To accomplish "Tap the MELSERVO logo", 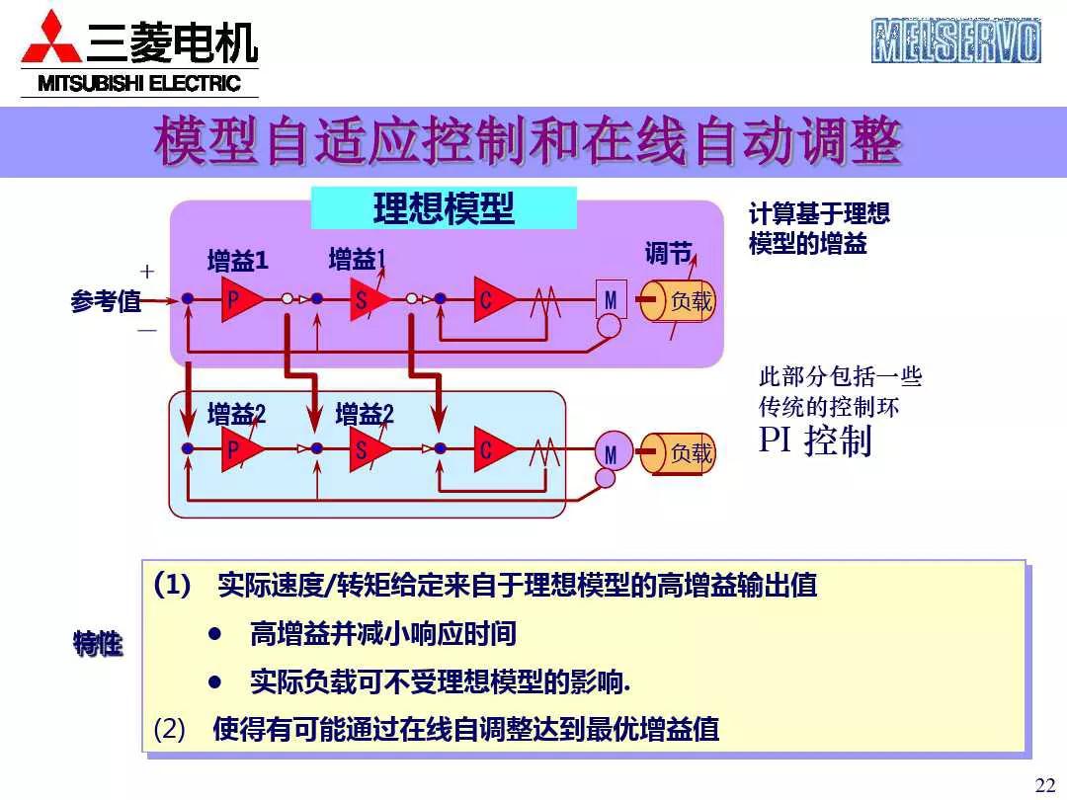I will [x=955, y=40].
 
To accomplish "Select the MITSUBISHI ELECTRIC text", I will [x=139, y=84].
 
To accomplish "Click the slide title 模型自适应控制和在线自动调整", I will [x=528, y=143].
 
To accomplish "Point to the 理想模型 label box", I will [x=444, y=208].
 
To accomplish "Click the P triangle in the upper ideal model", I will [x=240, y=299].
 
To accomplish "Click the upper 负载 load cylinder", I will [x=679, y=300].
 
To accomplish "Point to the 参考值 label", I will [x=106, y=302].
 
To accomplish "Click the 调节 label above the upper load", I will [x=668, y=254].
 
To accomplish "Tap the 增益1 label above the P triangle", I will [x=237, y=262].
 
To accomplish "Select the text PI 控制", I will [x=815, y=440].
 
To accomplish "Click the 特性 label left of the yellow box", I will [x=98, y=645].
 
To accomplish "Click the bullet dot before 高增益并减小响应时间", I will [x=215, y=633].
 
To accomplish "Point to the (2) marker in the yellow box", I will [x=170, y=730].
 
